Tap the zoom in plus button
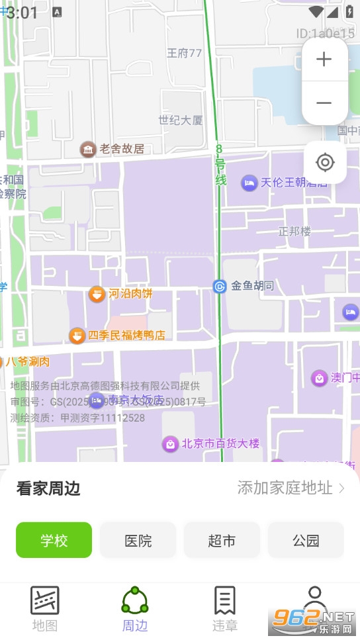coord(324,60)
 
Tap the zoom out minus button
coord(324,103)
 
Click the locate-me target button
coord(325,162)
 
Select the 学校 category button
coord(54,540)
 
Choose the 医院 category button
coord(138,540)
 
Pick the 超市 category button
coord(222,540)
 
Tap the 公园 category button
coord(306,540)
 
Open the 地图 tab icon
coord(45,601)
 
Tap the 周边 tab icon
coord(134,601)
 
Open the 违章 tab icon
coord(224,601)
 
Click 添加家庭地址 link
coord(291,488)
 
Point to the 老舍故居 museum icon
coord(87,149)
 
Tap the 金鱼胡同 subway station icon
coord(220,287)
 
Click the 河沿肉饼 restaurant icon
coord(97,293)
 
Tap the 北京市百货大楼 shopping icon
coord(171,443)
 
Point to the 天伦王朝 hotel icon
coord(249,183)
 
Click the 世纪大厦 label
coord(181,120)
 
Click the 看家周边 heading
coord(48,488)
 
